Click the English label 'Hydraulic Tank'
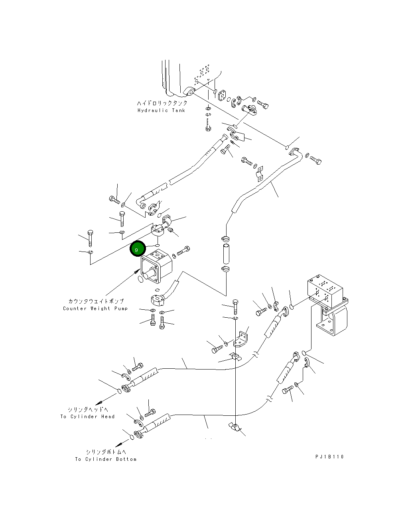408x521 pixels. point(161,110)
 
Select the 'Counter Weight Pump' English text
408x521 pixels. point(95,308)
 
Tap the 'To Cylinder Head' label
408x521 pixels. point(87,417)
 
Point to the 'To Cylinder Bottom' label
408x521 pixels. point(106,459)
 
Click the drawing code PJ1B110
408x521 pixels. point(329,457)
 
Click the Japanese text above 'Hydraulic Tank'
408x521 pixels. point(162,103)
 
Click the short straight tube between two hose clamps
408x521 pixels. point(226,254)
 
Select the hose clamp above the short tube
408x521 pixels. point(225,239)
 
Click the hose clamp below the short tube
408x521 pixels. point(225,269)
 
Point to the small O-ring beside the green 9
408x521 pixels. point(158,245)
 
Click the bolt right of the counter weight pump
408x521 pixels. point(183,251)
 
